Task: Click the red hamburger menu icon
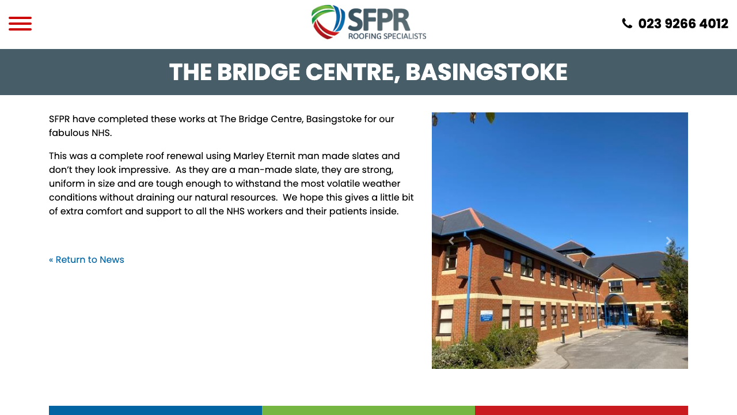(20, 24)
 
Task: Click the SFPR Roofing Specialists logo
(368, 22)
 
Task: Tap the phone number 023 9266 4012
(683, 24)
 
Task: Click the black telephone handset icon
(627, 24)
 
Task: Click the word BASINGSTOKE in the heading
(486, 73)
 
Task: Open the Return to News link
(86, 260)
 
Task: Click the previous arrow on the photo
(451, 241)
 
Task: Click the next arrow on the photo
(668, 241)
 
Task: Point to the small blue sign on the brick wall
(487, 316)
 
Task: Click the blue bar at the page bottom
(155, 410)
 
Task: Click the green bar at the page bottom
(368, 410)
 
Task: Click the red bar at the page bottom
(582, 410)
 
